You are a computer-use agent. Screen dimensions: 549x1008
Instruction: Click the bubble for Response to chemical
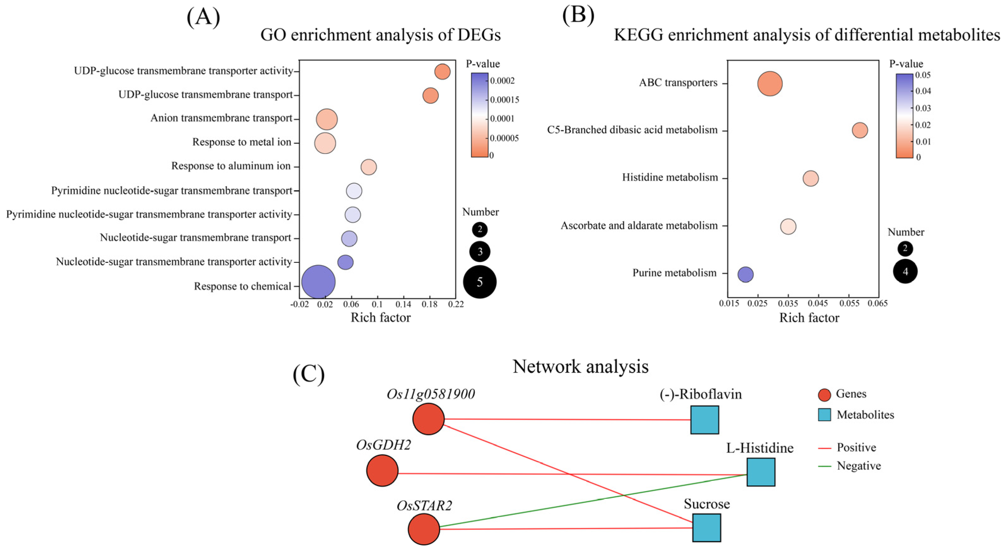pos(318,282)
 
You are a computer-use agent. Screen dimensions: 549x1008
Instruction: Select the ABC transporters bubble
pos(770,83)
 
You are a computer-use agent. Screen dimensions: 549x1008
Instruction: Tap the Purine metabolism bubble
pos(745,274)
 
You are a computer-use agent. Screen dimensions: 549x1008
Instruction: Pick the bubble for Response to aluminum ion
pos(368,167)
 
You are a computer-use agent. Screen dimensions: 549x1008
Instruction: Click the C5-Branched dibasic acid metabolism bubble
pos(860,130)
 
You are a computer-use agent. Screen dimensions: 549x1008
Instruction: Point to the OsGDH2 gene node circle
pos(382,471)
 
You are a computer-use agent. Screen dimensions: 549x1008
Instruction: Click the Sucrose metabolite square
pos(706,528)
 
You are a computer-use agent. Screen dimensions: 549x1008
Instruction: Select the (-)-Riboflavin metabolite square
pos(704,420)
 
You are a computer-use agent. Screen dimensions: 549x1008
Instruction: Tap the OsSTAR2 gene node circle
pos(424,529)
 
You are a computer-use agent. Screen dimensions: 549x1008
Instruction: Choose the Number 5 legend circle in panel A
pos(480,282)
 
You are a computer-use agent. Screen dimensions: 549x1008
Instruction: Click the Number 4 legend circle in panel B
pos(905,271)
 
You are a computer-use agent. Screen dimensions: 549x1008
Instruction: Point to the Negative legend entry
pos(859,466)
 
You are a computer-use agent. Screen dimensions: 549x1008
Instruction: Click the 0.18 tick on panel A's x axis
pos(430,304)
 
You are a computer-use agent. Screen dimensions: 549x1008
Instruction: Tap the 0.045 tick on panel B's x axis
pos(818,304)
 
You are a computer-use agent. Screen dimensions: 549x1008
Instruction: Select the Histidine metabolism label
pos(670,177)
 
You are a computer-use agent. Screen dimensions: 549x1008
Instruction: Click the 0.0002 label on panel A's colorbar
pos(503,81)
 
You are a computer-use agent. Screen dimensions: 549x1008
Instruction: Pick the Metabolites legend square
pos(824,415)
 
